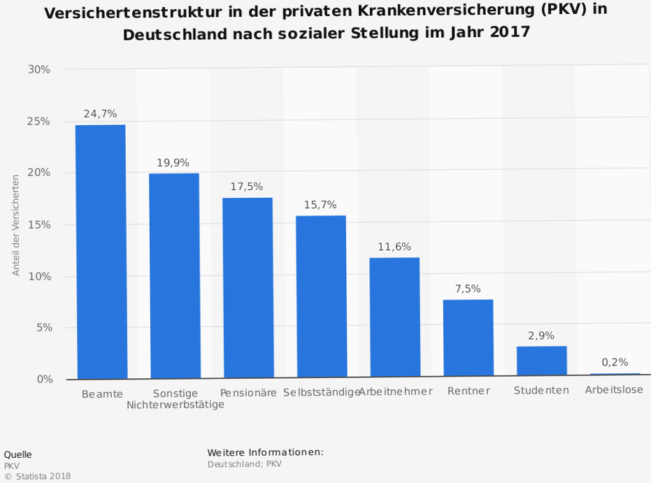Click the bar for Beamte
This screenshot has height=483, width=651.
point(101,252)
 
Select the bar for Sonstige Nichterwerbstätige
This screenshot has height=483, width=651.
point(174,276)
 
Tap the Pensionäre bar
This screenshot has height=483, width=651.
point(248,288)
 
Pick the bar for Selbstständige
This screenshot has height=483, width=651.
point(321,297)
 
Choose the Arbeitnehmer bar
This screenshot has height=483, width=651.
point(394,318)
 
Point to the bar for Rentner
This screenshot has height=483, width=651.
point(468,339)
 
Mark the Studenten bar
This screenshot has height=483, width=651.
point(541,362)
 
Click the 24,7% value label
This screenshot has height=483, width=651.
point(100,113)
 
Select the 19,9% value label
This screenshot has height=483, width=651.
point(173,162)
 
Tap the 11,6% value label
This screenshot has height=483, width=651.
point(394,247)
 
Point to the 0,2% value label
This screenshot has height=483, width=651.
point(615,363)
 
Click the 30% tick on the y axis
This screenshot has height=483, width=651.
point(39,69)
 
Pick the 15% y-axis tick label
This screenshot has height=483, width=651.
point(39,224)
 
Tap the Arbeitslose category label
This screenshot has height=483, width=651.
point(614,390)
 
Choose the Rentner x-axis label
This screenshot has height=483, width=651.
point(468,391)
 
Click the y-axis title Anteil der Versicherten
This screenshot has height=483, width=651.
point(16,225)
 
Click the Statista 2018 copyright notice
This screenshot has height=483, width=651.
point(38,477)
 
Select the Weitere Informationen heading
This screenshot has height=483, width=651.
point(265,452)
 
